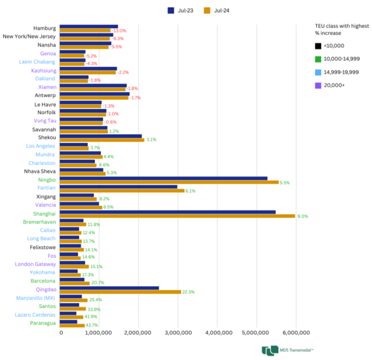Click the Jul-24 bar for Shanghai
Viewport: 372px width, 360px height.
pyautogui.click(x=178, y=216)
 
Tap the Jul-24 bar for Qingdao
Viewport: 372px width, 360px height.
pyautogui.click(x=121, y=292)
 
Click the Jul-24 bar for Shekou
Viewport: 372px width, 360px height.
pyautogui.click(x=102, y=140)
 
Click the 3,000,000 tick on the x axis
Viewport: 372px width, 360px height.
pyautogui.click(x=179, y=333)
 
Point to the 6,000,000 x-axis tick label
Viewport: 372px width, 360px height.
pyautogui.click(x=295, y=333)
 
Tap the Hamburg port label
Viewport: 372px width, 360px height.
pyautogui.click(x=45, y=29)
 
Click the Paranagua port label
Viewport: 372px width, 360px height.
pyautogui.click(x=41, y=323)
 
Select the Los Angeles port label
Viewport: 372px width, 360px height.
pyautogui.click(x=41, y=146)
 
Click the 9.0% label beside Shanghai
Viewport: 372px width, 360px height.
pyautogui.click(x=303, y=216)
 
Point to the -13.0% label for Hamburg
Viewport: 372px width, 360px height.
pyautogui.click(x=118, y=30)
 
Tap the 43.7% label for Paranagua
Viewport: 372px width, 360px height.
pyautogui.click(x=92, y=325)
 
